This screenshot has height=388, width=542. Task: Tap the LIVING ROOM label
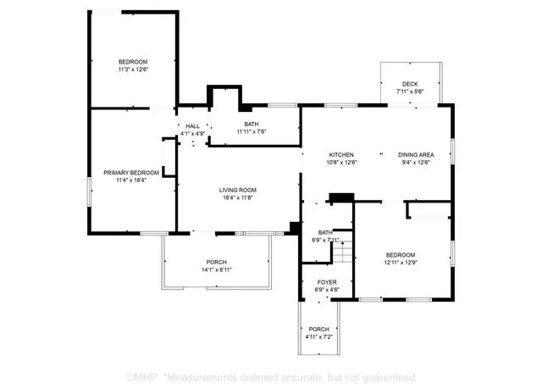(x=238, y=189)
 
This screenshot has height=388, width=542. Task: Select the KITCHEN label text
(x=341, y=154)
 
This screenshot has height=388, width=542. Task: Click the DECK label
(x=410, y=84)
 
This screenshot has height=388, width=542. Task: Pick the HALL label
(x=193, y=126)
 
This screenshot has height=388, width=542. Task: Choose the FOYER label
(x=327, y=281)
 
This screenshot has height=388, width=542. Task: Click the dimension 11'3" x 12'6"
(x=133, y=69)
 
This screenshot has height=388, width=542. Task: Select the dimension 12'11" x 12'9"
(x=401, y=262)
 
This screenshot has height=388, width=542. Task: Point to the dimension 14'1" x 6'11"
(x=217, y=269)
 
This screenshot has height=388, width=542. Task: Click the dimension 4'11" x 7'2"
(x=319, y=337)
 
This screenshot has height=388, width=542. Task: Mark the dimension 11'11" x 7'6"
(x=251, y=131)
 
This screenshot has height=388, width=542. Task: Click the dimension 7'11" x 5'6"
(x=410, y=91)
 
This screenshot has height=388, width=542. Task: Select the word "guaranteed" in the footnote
(x=387, y=376)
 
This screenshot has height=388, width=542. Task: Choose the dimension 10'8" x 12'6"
(x=342, y=162)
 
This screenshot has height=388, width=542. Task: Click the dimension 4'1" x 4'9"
(x=193, y=134)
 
